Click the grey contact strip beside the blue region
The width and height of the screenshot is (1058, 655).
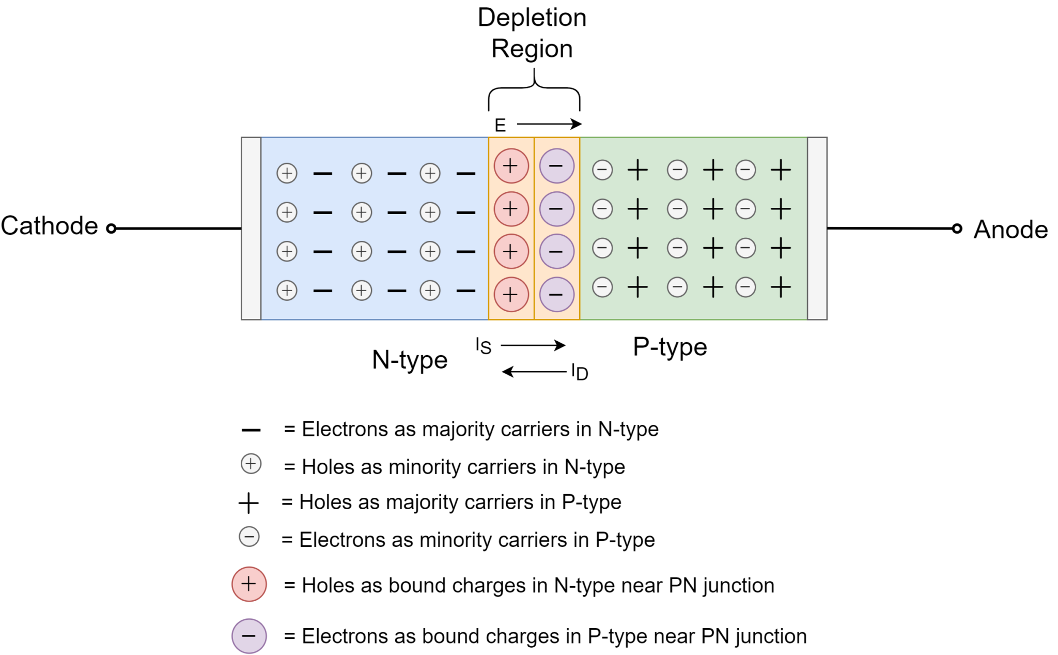(251, 229)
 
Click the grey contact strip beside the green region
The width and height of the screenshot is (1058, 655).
(817, 229)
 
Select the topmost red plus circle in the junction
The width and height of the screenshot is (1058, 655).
(511, 166)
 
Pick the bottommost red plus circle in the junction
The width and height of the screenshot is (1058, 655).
(511, 294)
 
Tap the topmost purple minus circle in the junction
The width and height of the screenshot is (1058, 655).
(556, 166)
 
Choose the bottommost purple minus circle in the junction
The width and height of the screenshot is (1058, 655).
(556, 294)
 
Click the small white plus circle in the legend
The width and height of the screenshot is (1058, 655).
(251, 464)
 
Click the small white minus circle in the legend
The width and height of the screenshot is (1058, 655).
(249, 537)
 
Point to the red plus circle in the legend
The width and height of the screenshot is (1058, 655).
(249, 584)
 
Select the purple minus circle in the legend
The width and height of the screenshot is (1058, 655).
(249, 635)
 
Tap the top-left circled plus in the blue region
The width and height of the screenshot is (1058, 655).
(287, 173)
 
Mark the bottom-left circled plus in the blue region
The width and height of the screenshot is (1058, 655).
(287, 290)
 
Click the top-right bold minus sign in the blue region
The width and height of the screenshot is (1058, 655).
(465, 174)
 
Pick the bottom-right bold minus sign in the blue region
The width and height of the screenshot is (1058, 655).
(465, 291)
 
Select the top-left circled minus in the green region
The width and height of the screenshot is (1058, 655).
(602, 170)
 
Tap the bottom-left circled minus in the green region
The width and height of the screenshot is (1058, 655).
(602, 287)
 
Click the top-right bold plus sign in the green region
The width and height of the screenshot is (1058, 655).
(781, 170)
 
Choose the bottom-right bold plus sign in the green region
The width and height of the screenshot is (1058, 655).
(781, 287)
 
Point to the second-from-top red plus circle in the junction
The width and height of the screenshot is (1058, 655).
(511, 209)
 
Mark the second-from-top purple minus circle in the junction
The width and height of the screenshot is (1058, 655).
(556, 209)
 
